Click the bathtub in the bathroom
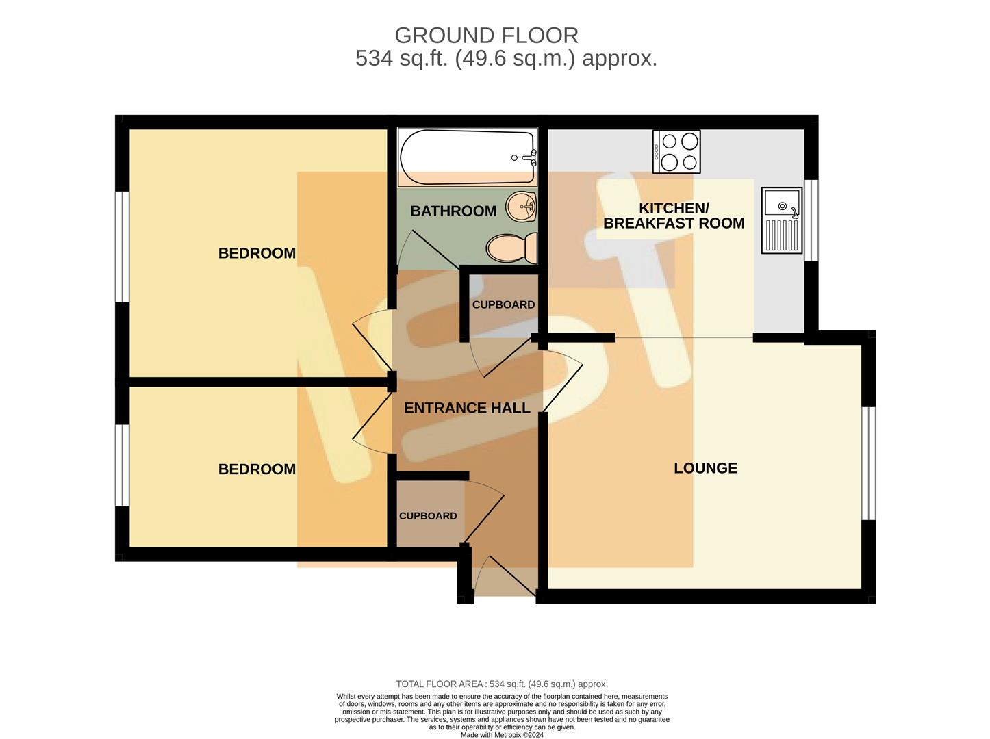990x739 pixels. point(467,157)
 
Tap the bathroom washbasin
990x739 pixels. point(522,206)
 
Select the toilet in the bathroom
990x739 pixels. point(512,248)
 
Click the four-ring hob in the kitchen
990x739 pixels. point(676,151)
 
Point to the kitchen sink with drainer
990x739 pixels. point(781,221)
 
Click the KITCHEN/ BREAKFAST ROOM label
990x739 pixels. point(674,216)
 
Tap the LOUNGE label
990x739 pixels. point(705,468)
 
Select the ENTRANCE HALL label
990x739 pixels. point(467,408)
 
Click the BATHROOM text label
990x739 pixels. point(453,211)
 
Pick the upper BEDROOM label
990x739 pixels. point(257,253)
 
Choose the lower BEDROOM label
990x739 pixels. point(257,469)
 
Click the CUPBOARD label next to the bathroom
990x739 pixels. point(503,304)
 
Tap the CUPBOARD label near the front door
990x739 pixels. point(428,516)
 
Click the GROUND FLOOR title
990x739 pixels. point(486,35)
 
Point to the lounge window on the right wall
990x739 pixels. point(868,463)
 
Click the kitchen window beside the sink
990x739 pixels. point(811,220)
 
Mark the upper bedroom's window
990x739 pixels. point(122,246)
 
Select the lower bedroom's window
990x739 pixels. point(122,465)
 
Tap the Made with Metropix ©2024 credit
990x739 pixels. point(502,735)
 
